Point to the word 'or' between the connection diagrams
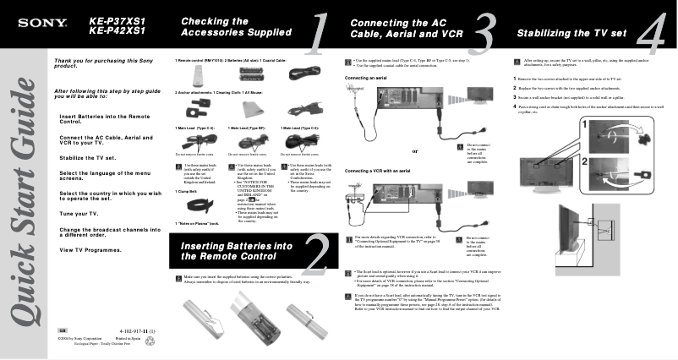tap(414, 151)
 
